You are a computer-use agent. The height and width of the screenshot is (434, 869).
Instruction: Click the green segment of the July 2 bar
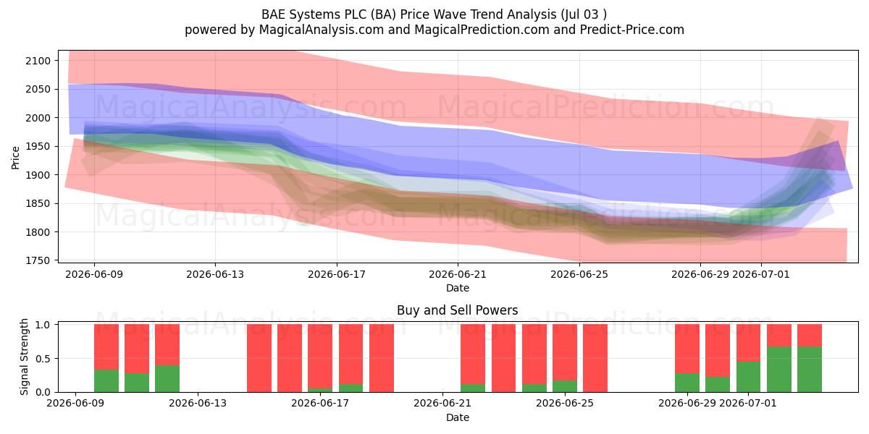pos(779,370)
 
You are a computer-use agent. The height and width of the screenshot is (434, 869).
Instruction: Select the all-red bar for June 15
pos(259,358)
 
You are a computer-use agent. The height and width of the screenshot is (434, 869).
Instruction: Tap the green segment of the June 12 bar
pos(167,378)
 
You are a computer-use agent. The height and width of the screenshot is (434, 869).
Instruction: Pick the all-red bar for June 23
pos(503,358)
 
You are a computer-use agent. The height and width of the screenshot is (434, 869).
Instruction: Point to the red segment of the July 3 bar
pos(810,335)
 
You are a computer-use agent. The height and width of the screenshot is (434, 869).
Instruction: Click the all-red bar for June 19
pos(382,358)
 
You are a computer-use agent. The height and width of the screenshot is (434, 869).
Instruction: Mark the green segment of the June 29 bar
pos(687,383)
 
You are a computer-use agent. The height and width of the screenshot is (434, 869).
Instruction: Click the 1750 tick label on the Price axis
pos(38,261)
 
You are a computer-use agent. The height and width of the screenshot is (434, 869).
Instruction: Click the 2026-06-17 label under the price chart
pos(337,274)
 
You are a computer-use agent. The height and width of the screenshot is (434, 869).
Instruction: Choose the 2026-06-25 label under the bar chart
pos(565,404)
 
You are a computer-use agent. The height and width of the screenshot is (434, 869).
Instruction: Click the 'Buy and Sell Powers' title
pos(458,310)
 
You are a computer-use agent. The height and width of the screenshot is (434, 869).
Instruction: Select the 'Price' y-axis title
pos(15,158)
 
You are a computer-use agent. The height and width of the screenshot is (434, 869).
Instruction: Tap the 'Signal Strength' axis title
pos(24,357)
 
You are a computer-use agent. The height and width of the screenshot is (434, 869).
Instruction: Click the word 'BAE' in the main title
pos(274,14)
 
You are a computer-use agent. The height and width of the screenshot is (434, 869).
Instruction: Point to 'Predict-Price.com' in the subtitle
pos(632,30)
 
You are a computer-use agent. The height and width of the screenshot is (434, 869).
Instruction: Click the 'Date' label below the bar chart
pos(458,417)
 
